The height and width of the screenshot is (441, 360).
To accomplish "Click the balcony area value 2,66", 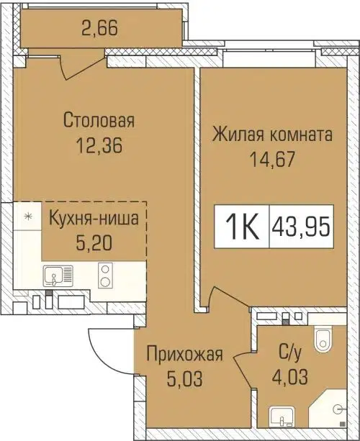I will pos(99,30).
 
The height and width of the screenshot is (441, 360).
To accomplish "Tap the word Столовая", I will pos(99,120).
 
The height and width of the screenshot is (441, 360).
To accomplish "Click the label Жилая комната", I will pos(271,135).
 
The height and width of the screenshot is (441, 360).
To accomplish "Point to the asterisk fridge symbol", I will pos(28,216).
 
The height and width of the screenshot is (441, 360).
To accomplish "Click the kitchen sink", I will pos(54,275).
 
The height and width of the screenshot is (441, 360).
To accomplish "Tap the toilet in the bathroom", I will pos(323,337).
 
